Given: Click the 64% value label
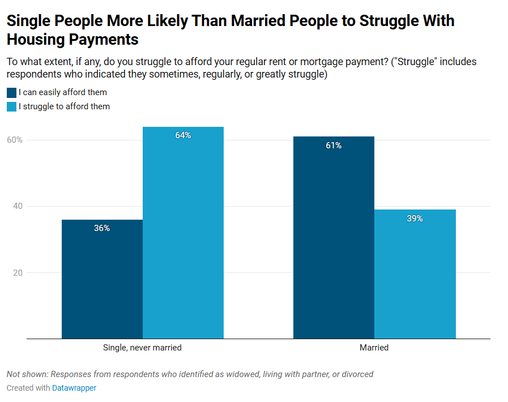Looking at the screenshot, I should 183,135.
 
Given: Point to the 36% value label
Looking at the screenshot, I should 102,228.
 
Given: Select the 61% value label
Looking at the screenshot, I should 334,146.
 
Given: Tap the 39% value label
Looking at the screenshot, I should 415,219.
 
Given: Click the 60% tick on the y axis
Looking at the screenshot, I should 15,140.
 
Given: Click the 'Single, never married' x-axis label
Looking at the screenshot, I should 142,348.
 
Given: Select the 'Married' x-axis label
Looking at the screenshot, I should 374,348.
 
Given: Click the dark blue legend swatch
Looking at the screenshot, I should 11,93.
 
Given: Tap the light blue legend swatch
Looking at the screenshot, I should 11,106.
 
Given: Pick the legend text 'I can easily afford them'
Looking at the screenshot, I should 62,92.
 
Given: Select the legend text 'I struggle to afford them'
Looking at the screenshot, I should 64,106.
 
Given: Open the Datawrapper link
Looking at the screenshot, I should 74,388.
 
